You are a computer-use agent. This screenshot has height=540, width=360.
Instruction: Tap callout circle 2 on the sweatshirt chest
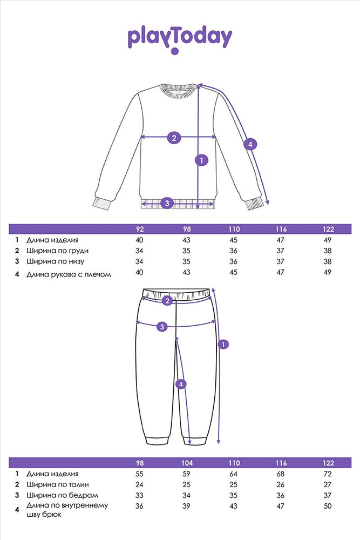click(x=174, y=138)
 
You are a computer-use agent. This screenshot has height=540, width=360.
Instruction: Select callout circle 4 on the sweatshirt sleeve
click(x=250, y=144)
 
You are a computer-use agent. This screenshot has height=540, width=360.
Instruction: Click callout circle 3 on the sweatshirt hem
click(x=167, y=203)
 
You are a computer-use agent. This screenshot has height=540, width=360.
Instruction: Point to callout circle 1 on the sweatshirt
click(x=201, y=160)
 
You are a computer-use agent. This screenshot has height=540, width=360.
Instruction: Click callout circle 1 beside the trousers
click(x=223, y=344)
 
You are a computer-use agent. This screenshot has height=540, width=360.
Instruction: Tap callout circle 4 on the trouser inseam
click(x=181, y=384)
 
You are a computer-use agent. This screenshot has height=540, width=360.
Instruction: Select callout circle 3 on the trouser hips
click(x=162, y=326)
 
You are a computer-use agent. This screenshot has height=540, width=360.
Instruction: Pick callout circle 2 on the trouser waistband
click(x=167, y=301)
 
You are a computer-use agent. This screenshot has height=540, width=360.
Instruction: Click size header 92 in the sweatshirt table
click(x=140, y=230)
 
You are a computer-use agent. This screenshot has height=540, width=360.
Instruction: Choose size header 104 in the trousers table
click(x=187, y=463)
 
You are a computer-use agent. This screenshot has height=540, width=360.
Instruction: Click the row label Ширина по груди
click(x=57, y=251)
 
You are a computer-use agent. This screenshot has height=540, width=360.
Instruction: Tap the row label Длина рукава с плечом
click(x=69, y=274)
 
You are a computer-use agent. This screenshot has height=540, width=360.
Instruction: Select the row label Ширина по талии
click(x=57, y=484)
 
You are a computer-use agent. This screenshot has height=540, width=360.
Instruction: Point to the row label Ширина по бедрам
click(x=62, y=495)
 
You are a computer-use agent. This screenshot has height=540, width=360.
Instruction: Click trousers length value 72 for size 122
click(x=328, y=474)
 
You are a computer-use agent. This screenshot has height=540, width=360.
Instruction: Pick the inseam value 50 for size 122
click(x=328, y=506)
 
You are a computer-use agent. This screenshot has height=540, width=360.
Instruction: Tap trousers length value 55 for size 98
click(x=139, y=474)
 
